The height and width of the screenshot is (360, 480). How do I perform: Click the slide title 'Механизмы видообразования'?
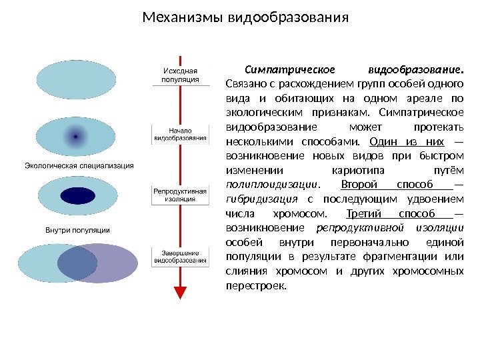click(246, 15)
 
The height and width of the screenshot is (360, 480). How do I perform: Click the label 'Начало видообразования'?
click(180, 134)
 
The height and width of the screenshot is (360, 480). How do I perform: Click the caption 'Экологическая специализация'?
click(79, 165)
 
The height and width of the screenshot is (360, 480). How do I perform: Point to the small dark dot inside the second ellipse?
click(76, 136)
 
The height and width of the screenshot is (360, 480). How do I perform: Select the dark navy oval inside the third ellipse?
click(77, 196)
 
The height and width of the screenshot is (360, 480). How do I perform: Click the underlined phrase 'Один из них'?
click(407, 141)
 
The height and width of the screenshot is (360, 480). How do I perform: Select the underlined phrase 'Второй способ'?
click(396, 185)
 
